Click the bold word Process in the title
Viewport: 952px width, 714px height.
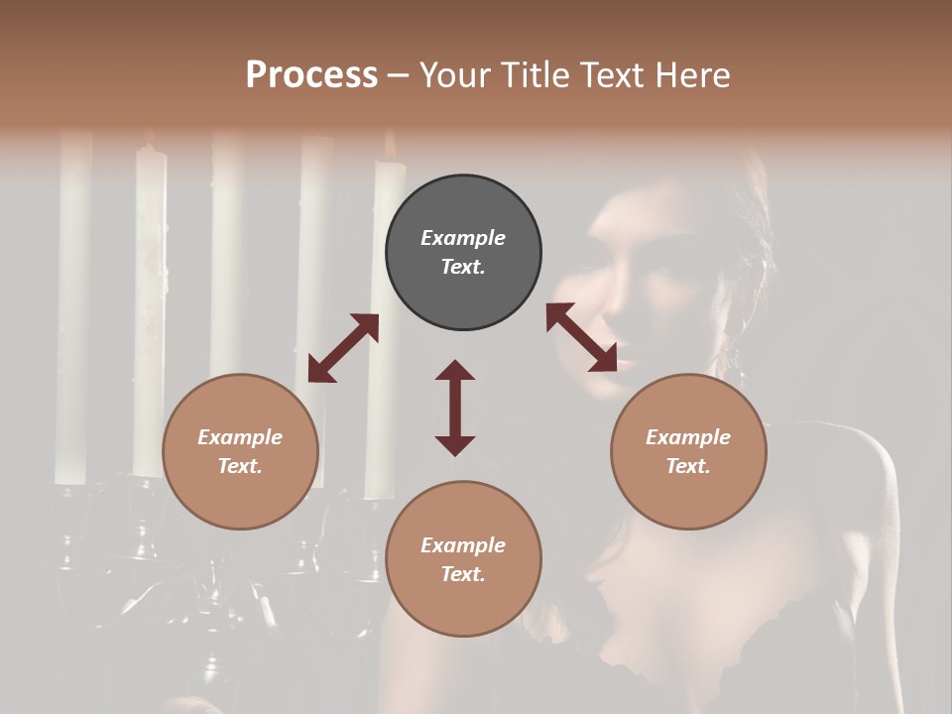[311, 74]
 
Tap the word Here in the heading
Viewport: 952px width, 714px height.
[691, 74]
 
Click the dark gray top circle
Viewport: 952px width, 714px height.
[463, 252]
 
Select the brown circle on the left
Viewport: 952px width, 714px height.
[240, 451]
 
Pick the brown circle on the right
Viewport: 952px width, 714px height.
[688, 451]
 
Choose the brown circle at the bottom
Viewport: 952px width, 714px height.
[463, 559]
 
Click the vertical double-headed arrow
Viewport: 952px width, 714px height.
[455, 408]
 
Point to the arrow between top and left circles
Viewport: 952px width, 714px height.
[343, 348]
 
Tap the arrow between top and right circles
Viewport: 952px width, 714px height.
[582, 338]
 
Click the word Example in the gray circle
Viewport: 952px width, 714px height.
[463, 238]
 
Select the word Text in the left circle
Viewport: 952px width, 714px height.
[240, 466]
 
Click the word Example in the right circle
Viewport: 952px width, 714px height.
[688, 437]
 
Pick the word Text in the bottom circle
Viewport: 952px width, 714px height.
[463, 574]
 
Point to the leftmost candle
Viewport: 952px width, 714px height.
[72, 307]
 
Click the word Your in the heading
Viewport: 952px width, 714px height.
[453, 74]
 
